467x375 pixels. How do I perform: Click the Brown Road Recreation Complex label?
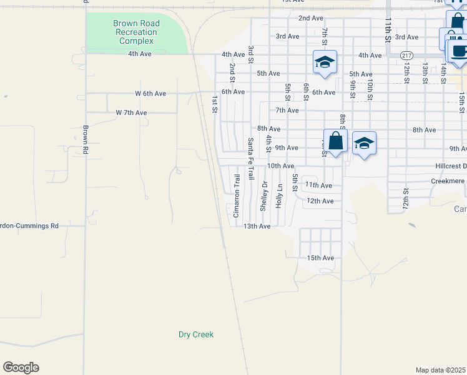click(x=136, y=32)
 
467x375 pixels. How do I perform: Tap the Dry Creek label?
click(x=196, y=334)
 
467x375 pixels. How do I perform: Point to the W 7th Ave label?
click(x=131, y=112)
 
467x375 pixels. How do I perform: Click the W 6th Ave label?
click(x=150, y=93)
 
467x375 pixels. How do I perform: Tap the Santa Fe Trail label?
click(x=251, y=159)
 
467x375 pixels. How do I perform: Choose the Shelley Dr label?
click(x=264, y=196)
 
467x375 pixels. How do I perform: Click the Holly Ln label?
click(x=280, y=196)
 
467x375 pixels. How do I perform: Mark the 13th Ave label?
click(x=257, y=226)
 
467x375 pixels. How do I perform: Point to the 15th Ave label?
click(x=320, y=257)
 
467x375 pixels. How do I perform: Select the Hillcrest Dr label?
click(x=451, y=166)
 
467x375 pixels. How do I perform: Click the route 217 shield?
click(x=407, y=55)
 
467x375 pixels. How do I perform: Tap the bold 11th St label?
click(x=388, y=29)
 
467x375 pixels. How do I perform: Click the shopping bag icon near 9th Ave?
click(x=335, y=141)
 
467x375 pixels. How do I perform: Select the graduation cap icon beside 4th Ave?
click(x=325, y=61)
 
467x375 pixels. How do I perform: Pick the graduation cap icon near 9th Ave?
click(x=364, y=143)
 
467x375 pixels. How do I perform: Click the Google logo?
click(x=21, y=367)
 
